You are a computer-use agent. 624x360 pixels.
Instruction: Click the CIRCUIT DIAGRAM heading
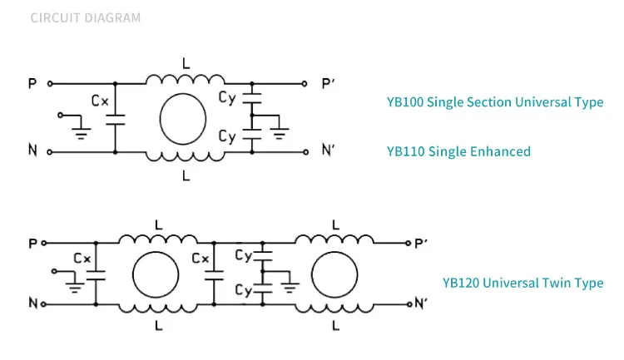pos(86,18)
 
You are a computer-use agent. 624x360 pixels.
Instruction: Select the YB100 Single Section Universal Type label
pos(495,102)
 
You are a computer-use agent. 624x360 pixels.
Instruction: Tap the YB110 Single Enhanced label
pos(458,151)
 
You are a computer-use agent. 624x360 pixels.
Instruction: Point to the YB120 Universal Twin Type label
pos(523,283)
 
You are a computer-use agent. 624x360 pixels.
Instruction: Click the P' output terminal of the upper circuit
pos(305,83)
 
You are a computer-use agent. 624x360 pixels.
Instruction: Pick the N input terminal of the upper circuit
pos(50,152)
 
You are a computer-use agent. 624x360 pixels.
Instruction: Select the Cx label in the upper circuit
pos(100,101)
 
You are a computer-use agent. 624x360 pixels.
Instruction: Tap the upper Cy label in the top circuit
pos(227,98)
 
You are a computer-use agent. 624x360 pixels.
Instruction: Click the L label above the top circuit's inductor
pos(186,64)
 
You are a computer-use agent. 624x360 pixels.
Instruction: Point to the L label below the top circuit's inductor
pos(186,175)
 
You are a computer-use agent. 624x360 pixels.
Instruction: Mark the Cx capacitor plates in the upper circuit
pos(116,120)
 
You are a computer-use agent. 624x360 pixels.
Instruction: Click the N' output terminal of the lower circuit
pos(409,304)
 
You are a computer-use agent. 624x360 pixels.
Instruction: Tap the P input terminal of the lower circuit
pos(44,243)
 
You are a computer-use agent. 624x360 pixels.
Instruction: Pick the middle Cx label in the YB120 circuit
pos(201,259)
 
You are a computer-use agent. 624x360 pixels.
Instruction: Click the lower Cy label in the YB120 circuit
pos(244,290)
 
